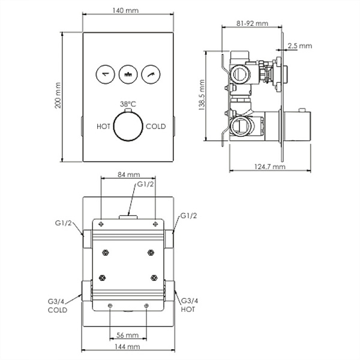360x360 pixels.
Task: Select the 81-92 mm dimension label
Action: click(252, 23)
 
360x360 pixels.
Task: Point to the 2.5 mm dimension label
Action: click(299, 45)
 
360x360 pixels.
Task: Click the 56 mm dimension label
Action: click(128, 335)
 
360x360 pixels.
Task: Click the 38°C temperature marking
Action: click(127, 104)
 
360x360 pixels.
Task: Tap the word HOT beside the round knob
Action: click(103, 126)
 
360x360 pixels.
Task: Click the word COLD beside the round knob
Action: click(155, 126)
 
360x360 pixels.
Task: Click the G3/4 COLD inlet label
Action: click(58, 307)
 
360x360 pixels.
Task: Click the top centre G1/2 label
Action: click(146, 184)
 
